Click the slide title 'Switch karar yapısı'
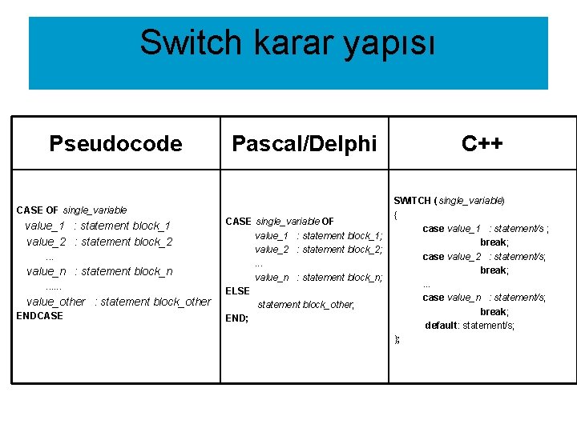pos(288,42)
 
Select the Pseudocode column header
pos(115,143)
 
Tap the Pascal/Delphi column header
pos(304,143)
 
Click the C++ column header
pos(482,143)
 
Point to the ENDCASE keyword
pos(39,316)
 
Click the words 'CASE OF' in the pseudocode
pos(37,210)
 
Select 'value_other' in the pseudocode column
pos(55,302)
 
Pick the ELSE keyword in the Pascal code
pos(237,291)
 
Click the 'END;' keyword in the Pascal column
pos(236,318)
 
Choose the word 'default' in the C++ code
pos(441,326)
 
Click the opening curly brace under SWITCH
pos(396,214)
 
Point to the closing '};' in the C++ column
pos(397,339)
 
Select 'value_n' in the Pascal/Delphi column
pos(272,278)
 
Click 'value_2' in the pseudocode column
pos(46,242)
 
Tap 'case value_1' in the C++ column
pos(451,229)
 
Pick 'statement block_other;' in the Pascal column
pos(305,305)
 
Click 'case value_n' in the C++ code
pos(451,298)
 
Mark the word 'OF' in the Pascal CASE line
pos(328,222)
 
